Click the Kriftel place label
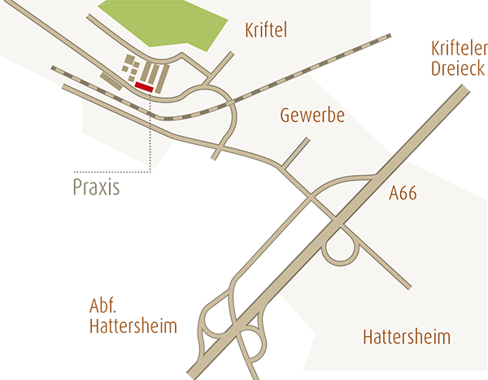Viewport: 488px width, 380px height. [267, 32]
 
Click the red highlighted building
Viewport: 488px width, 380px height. [145, 85]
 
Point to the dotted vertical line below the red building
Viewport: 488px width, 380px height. [151, 130]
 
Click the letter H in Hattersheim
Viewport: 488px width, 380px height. [368, 338]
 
